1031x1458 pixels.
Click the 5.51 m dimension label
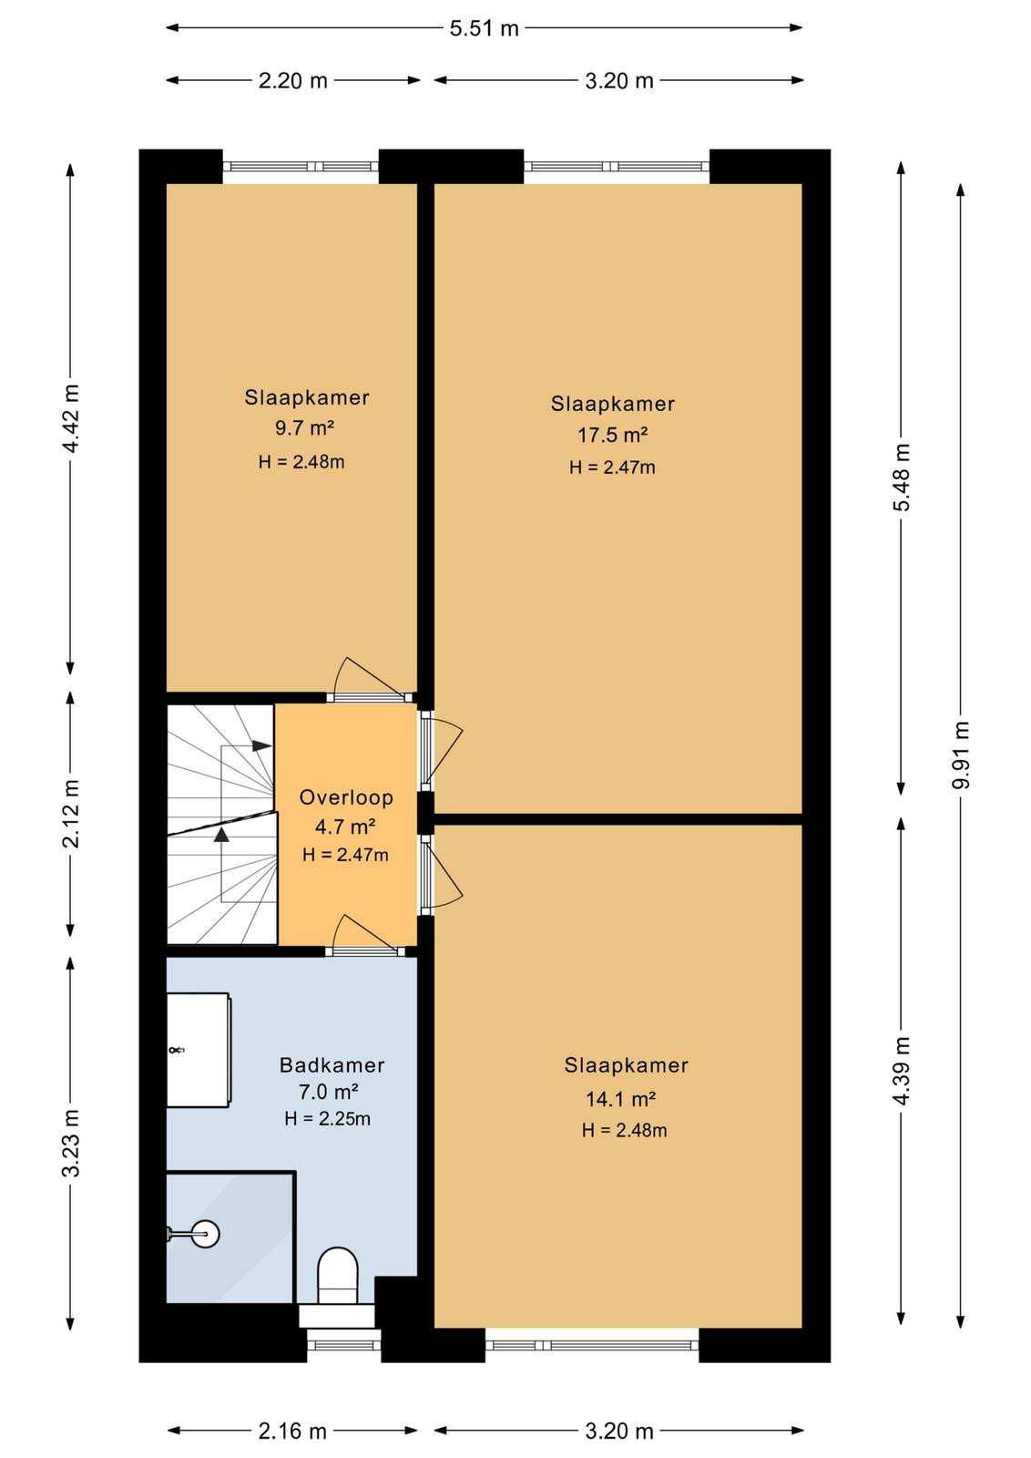[484, 28]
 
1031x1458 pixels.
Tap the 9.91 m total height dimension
[960, 755]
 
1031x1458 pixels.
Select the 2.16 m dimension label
[292, 1431]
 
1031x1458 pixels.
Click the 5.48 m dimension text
[901, 477]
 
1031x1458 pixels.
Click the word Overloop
[346, 797]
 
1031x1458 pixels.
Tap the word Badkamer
[332, 1065]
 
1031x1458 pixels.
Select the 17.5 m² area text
[612, 435]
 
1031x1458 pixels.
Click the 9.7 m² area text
[304, 428]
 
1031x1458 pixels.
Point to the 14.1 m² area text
[620, 1099]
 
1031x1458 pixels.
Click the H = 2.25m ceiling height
[327, 1119]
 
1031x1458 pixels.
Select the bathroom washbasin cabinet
[199, 1049]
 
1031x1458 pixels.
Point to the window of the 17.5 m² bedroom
[616, 167]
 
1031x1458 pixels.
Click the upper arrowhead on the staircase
[261, 745]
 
